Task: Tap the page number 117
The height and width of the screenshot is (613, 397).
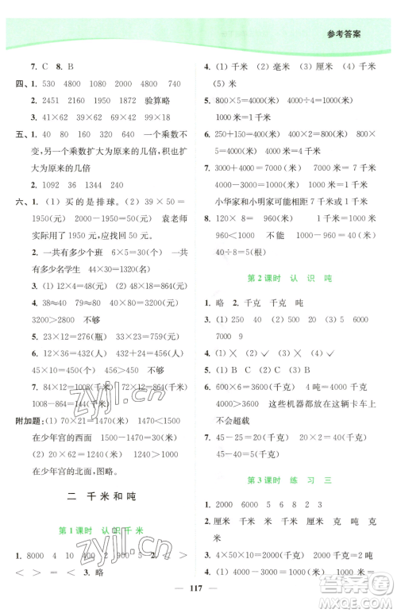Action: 198,588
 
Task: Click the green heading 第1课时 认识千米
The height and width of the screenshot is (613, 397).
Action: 98,531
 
